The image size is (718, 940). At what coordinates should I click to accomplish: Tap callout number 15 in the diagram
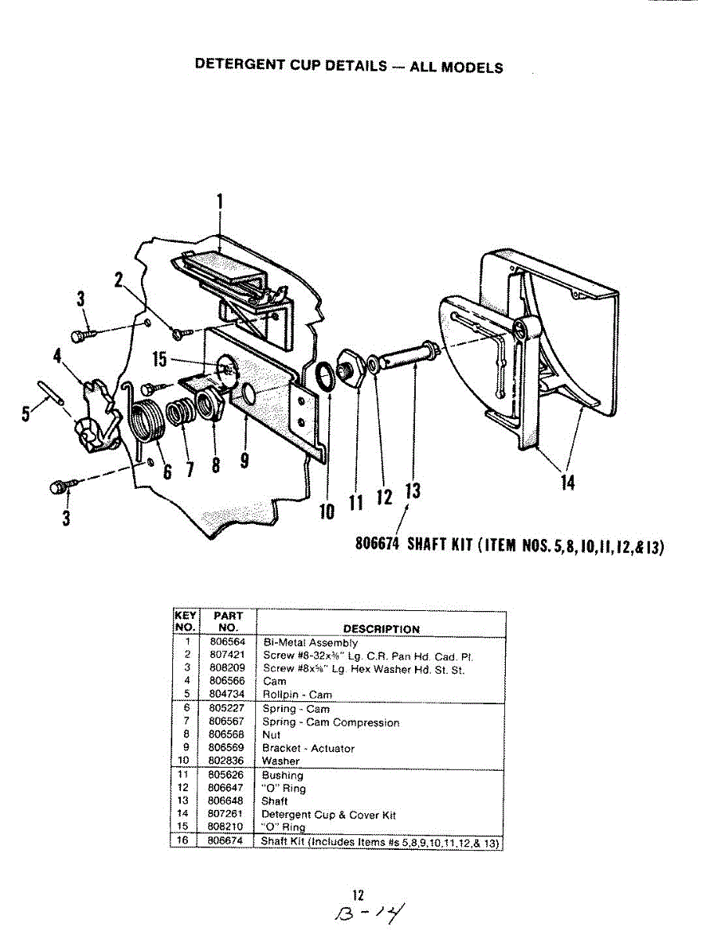159,360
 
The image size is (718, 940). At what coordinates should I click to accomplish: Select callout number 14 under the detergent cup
567,483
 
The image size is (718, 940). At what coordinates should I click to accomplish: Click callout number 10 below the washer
327,511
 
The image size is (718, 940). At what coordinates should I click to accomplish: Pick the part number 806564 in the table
227,643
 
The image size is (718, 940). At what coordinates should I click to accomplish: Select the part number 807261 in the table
227,815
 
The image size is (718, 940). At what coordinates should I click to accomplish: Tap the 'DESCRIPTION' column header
380,629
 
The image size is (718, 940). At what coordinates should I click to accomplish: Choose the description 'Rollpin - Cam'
297,695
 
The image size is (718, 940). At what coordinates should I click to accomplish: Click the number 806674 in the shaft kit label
378,545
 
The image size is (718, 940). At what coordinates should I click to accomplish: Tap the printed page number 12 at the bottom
359,895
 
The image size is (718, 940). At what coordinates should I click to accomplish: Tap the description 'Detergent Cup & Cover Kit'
329,815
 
